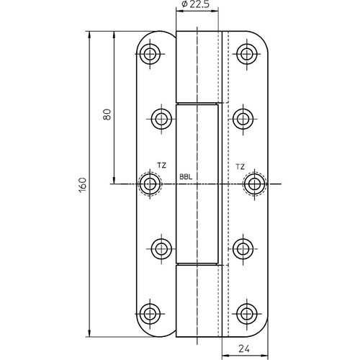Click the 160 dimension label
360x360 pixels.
[82, 184]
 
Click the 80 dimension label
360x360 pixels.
[107, 114]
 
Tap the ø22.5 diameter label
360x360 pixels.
[196, 4]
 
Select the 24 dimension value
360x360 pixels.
[244, 348]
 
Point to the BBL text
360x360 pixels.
[186, 177]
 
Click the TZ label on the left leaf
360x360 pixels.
[162, 166]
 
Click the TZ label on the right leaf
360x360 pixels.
[240, 166]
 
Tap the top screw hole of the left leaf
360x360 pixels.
[150, 53]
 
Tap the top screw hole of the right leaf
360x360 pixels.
[247, 53]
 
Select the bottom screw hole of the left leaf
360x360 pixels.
[150, 314]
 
